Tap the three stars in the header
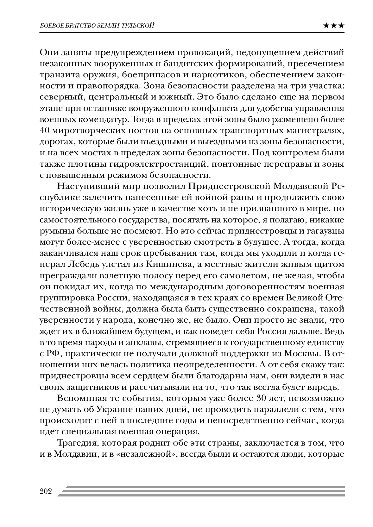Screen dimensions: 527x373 point(334,26)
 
